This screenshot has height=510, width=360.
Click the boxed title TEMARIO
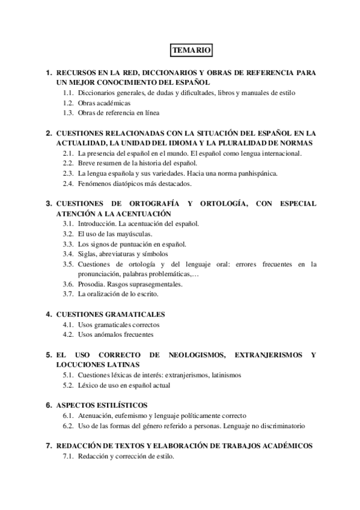[188, 51]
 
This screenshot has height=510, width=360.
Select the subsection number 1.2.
[68, 103]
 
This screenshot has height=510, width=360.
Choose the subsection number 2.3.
[68, 173]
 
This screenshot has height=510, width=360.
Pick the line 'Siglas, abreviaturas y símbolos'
[123, 253]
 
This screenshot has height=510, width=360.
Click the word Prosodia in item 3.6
[91, 283]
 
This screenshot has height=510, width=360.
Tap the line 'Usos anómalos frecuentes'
[115, 334]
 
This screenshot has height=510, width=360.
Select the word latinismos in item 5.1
[224, 375]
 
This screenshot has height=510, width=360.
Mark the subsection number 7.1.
[68, 456]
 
